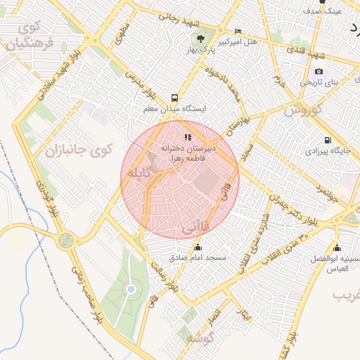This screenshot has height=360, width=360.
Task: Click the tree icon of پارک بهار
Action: [200, 39]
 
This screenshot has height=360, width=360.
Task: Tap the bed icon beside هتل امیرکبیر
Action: [238, 32]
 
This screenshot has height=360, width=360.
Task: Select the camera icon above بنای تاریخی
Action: [319, 72]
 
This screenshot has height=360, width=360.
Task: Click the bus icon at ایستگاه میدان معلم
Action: [174, 98]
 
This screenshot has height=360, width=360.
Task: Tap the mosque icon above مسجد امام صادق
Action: [198, 247]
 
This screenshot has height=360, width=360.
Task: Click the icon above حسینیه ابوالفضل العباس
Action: [337, 247]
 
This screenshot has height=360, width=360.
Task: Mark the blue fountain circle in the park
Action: [131, 290]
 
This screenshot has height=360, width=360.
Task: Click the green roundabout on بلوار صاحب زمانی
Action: [65, 240]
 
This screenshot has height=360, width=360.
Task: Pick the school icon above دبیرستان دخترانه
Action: [187, 138]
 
